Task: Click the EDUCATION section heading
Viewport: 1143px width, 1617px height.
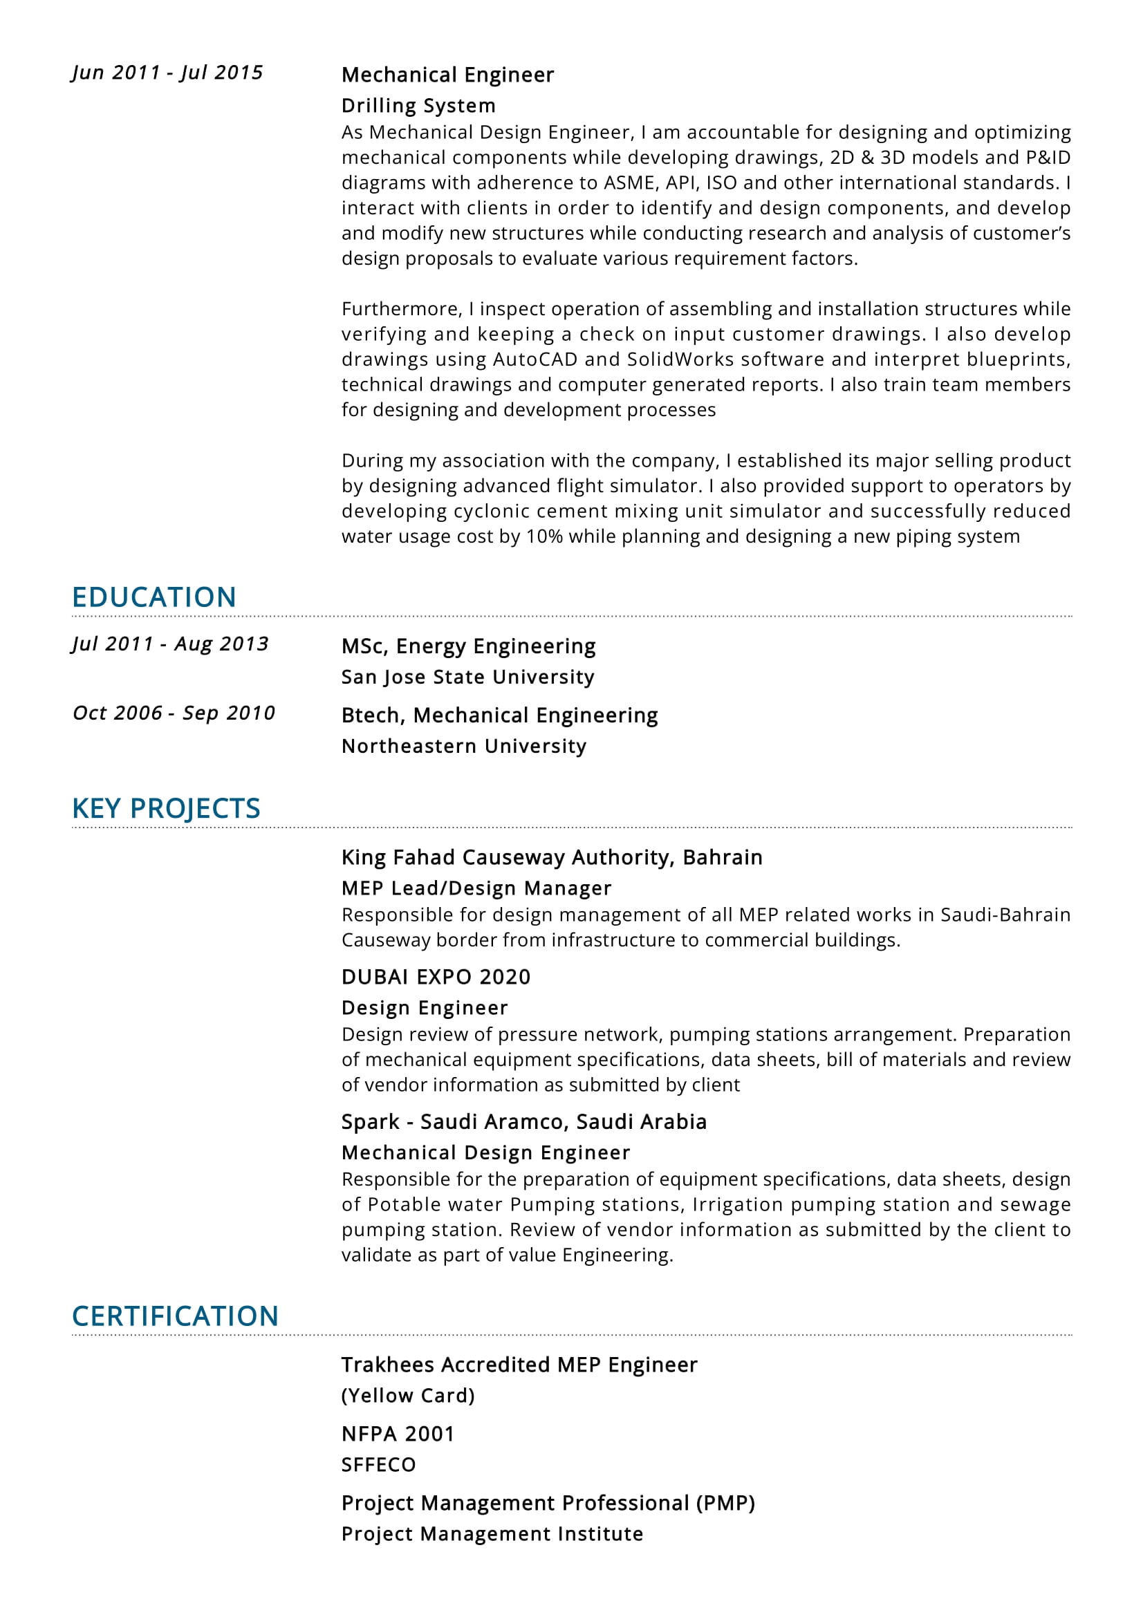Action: pos(154,597)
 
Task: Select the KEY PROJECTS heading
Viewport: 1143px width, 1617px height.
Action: pos(166,809)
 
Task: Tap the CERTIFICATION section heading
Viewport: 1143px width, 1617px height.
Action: pos(176,1316)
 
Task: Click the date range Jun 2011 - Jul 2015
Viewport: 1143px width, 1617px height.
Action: pos(167,73)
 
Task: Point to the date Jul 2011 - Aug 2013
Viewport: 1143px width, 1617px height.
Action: pos(170,644)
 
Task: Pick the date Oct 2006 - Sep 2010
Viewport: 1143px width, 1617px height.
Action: pos(174,713)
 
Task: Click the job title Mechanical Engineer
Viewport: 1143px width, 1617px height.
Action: pos(447,75)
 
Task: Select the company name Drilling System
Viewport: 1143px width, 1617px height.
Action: pos(418,106)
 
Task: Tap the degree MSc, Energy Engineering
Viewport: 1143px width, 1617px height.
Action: pos(468,646)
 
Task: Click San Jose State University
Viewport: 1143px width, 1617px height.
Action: pos(467,677)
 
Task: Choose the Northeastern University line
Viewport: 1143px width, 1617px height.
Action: pos(463,746)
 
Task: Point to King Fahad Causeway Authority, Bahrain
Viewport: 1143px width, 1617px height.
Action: pos(551,857)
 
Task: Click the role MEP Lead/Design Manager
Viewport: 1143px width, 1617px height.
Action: pos(476,888)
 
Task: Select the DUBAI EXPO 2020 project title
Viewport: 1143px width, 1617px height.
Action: pos(436,977)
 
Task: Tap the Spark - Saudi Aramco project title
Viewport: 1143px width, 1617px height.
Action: pos(524,1121)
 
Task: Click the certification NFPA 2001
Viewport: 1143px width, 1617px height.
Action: pos(398,1434)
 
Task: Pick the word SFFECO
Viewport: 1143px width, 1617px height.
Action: pos(378,1465)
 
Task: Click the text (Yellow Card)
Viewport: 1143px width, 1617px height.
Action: pos(408,1395)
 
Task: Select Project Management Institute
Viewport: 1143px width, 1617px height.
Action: pos(492,1534)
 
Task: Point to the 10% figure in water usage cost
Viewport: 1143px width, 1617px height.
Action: pos(544,536)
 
